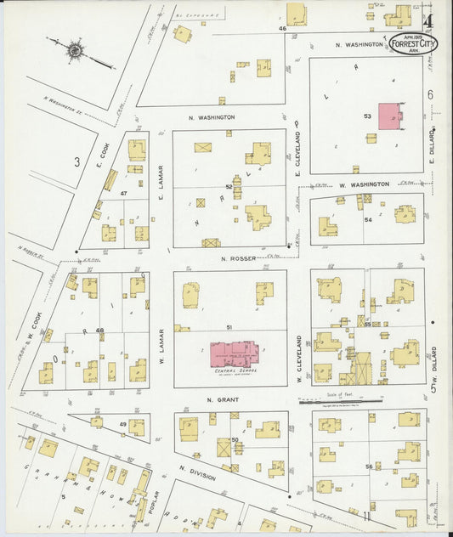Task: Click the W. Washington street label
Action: tap(364, 184)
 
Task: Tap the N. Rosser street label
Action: tap(232, 257)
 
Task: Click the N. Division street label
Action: tap(197, 472)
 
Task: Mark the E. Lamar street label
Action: tap(160, 183)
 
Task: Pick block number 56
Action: tap(368, 466)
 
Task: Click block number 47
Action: tap(124, 195)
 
